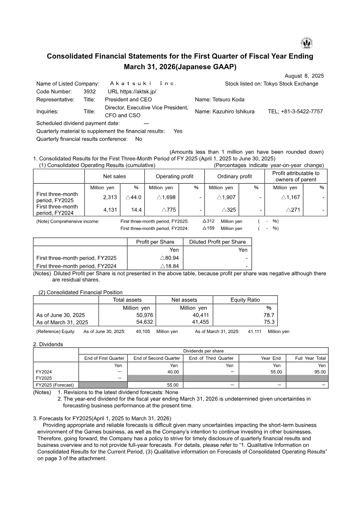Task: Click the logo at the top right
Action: [307, 44]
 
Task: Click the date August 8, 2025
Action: [304, 76]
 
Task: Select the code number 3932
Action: [90, 91]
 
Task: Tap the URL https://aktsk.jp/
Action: [132, 91]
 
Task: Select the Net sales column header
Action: [115, 176]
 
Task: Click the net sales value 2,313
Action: [110, 197]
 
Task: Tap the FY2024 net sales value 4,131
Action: [110, 210]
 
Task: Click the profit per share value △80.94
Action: [169, 258]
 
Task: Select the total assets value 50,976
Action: [144, 315]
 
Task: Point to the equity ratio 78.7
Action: [270, 315]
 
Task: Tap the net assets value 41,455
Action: [201, 322]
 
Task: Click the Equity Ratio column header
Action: [245, 300]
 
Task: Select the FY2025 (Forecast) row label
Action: [55, 385]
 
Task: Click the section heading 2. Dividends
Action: [48, 344]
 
